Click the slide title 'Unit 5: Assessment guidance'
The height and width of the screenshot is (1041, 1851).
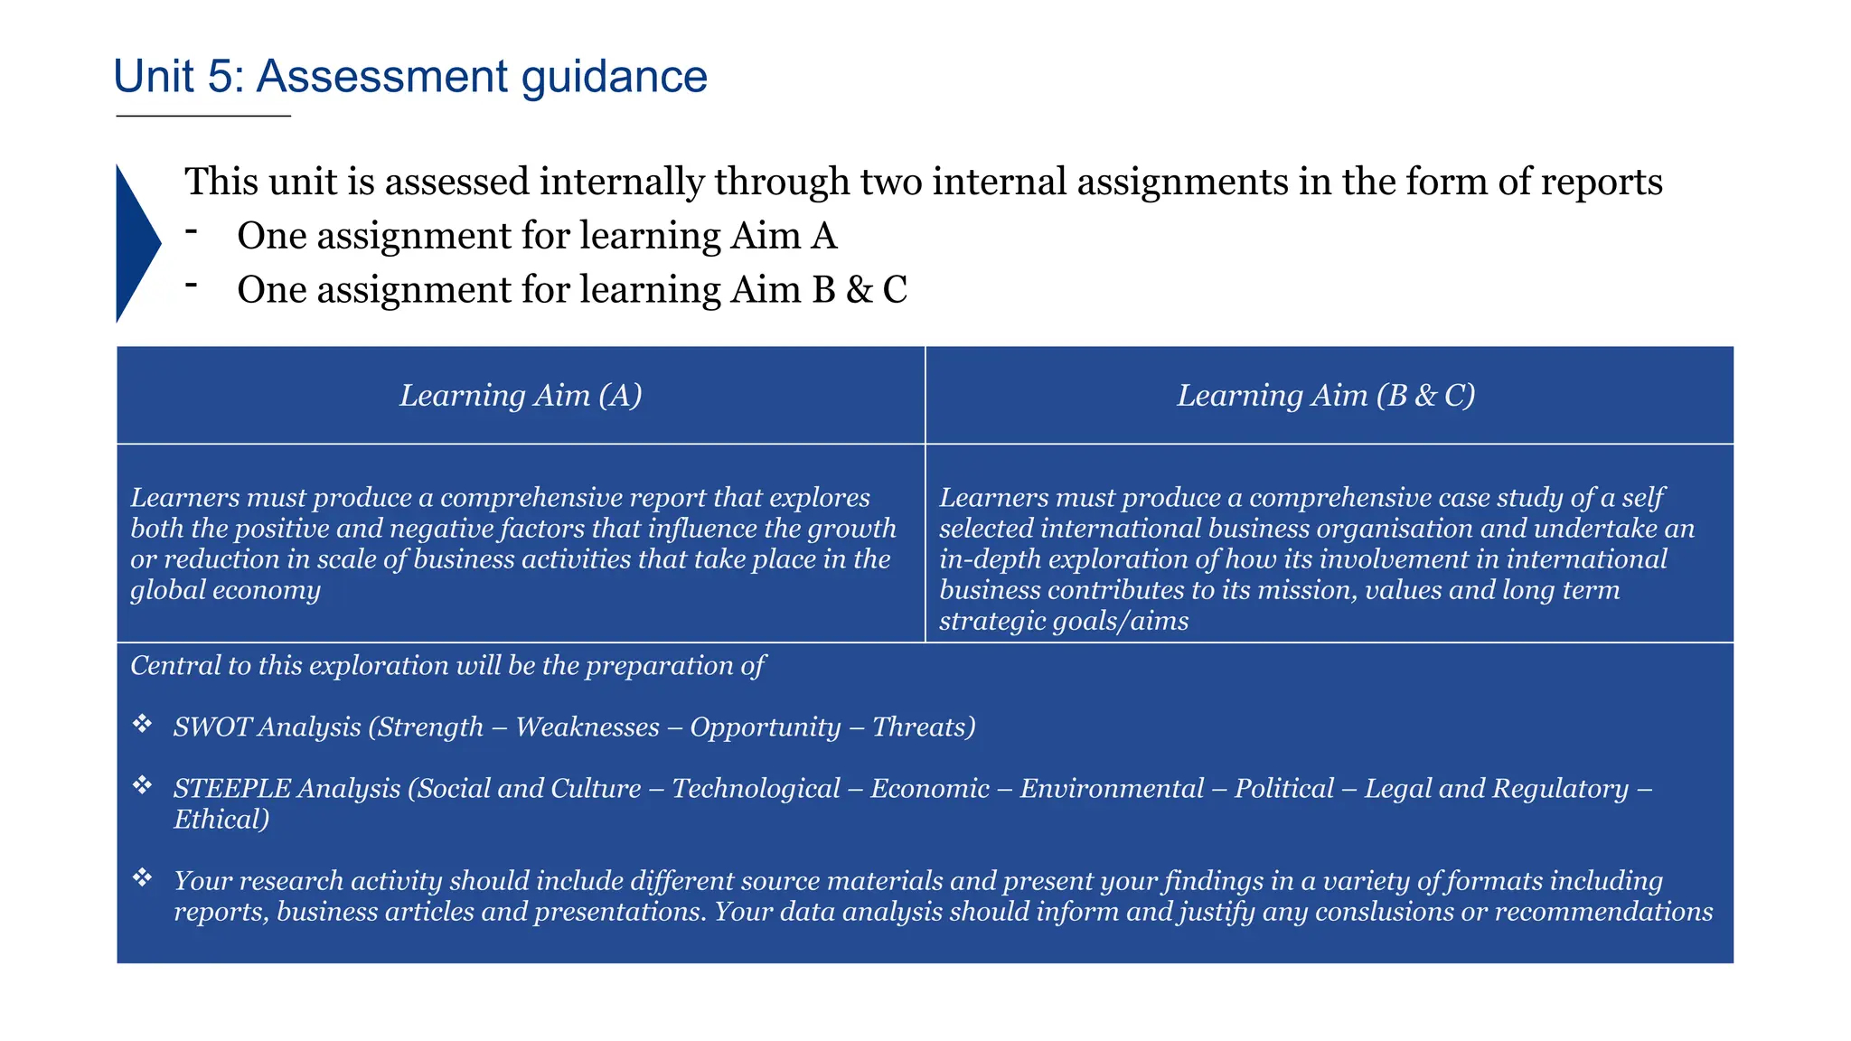coord(409,76)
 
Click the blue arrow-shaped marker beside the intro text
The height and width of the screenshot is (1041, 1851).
coord(136,243)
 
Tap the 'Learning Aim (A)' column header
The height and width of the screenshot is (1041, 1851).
coord(521,395)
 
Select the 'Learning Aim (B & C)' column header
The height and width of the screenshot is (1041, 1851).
coord(1326,395)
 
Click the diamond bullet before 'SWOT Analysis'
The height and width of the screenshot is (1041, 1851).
coord(142,724)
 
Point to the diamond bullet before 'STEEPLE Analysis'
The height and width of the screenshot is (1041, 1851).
coord(142,785)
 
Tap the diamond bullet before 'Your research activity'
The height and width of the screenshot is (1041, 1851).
coord(142,877)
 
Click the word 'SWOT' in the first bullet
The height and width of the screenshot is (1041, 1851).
coord(211,727)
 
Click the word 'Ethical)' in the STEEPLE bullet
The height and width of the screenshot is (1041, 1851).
coord(221,820)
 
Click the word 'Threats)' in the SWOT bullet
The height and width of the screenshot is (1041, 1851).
coord(924,727)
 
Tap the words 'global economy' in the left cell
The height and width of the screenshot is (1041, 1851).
coord(225,590)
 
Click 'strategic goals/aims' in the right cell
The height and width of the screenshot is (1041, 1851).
coord(1064,621)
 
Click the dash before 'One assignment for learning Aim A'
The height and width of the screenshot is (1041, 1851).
coord(191,232)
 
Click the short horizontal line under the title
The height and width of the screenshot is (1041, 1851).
coord(203,117)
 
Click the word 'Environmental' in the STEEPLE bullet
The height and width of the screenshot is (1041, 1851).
coord(1112,789)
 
